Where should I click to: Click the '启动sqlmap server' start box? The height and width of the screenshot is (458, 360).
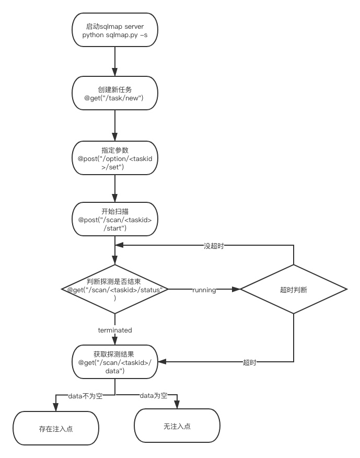(115, 30)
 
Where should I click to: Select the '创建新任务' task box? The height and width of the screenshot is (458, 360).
(115, 93)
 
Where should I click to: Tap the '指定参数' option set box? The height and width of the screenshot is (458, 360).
(115, 158)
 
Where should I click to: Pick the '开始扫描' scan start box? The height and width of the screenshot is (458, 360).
(115, 219)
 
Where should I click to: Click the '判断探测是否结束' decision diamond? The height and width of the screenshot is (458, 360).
(115, 289)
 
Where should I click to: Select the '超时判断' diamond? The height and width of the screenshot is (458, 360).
(294, 289)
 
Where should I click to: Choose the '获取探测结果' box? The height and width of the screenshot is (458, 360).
(115, 362)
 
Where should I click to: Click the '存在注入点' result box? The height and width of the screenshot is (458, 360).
(56, 428)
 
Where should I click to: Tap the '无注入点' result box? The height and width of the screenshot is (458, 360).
(177, 426)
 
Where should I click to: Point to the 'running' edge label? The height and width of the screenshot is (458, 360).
(204, 290)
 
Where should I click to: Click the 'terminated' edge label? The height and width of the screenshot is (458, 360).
(115, 330)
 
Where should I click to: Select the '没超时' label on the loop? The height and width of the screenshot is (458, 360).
(214, 246)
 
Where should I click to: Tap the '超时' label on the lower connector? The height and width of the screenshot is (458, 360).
(250, 362)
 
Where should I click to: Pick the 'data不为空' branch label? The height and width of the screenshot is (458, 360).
(85, 396)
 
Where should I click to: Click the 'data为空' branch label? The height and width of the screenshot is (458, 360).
(154, 395)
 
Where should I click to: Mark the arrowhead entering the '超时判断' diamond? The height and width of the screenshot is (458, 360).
(236, 289)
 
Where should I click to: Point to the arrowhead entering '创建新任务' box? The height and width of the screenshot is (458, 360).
(115, 72)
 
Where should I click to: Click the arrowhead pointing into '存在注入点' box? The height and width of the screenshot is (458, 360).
(56, 407)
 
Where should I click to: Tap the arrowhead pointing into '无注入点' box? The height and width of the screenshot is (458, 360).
(177, 405)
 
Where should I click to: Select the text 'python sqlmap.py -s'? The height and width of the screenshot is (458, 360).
(115, 35)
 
